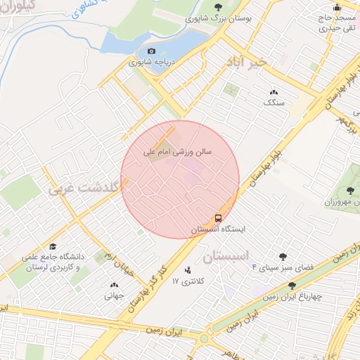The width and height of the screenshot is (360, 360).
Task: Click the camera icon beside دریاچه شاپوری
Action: tap(151, 51)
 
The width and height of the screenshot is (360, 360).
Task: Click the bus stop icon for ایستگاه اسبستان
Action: tap(219, 218)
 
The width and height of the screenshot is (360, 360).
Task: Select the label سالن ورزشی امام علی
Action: tap(178, 150)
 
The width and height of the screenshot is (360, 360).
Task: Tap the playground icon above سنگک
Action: tap(274, 92)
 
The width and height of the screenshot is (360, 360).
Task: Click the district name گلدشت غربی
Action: tap(79, 188)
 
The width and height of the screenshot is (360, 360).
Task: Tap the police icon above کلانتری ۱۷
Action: tap(188, 270)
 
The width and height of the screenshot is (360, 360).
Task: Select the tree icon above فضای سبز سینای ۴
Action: tap(283, 257)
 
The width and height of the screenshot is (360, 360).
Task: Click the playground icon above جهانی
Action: tap(114, 285)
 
